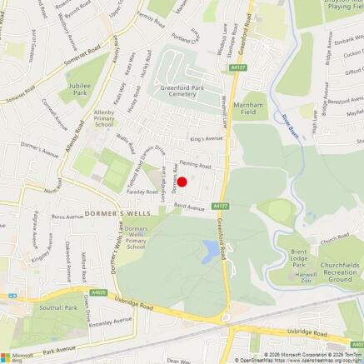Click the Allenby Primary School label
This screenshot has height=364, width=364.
(x=109, y=119)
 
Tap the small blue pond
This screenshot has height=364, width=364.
(x=212, y=247)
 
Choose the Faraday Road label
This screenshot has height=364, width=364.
(x=121, y=190)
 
